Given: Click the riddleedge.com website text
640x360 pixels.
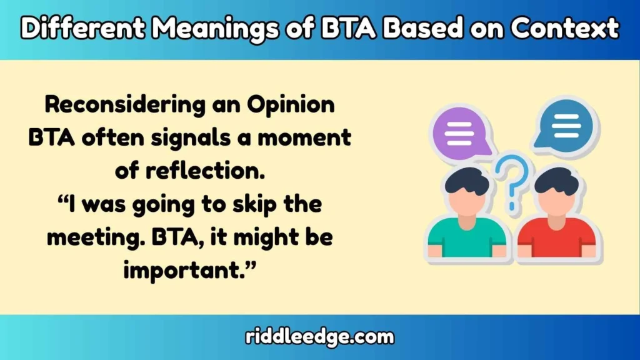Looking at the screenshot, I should pos(319,337).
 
